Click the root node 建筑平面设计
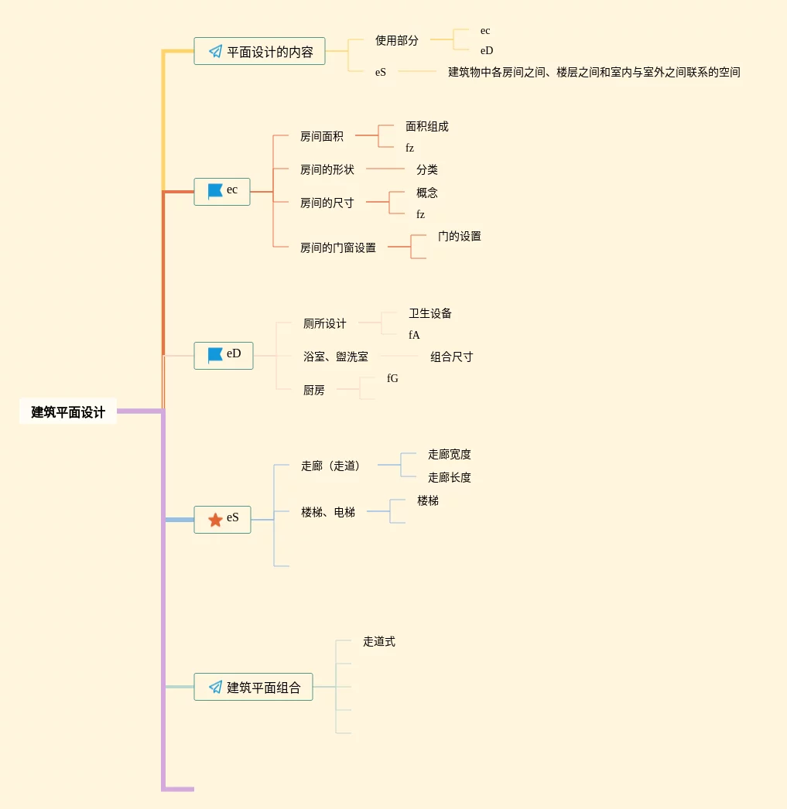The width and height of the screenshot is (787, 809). [x=68, y=412]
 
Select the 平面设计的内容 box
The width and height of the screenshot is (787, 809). [x=259, y=52]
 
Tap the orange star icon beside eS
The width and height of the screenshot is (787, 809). [x=215, y=520]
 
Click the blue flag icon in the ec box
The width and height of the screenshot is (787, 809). [x=215, y=191]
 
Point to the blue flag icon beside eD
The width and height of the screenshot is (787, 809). [x=215, y=355]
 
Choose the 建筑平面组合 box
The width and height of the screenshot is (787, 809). [x=253, y=687]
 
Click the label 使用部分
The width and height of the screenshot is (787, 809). [x=396, y=40]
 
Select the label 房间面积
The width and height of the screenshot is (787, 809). [x=321, y=137]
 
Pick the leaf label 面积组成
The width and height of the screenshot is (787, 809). [x=426, y=127]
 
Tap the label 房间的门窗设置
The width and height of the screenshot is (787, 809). [x=337, y=248]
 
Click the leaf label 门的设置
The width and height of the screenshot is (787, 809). [x=459, y=237]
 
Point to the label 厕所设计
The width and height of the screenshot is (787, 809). [x=324, y=324]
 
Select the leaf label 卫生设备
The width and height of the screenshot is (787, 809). [x=429, y=314]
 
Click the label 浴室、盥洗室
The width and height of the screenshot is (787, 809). [x=335, y=357]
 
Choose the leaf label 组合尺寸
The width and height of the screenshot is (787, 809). [x=451, y=357]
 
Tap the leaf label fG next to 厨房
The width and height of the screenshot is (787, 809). [x=392, y=379]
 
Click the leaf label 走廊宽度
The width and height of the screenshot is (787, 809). [x=449, y=455]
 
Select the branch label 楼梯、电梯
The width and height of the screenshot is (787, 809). [x=327, y=512]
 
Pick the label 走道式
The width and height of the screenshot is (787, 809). [x=378, y=642]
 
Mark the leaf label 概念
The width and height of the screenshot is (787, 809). [x=426, y=193]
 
